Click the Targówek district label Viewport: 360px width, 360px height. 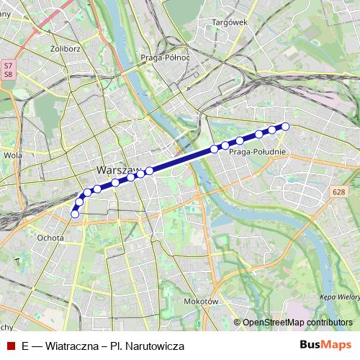pyautogui.click(x=230, y=22)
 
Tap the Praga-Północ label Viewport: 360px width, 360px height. pyautogui.click(x=165, y=57)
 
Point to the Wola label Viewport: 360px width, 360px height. pyautogui.click(x=12, y=154)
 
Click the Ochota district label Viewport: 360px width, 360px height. pyautogui.click(x=50, y=237)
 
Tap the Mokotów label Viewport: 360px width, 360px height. pyautogui.click(x=200, y=302)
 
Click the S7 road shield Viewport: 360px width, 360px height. pyautogui.click(x=8, y=65)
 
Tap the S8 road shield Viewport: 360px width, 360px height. pyautogui.click(x=8, y=73)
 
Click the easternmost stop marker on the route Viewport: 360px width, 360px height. pyautogui.click(x=285, y=127)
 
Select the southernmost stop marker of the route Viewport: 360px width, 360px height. pyautogui.click(x=75, y=213)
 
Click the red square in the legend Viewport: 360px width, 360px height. pyautogui.click(x=10, y=346)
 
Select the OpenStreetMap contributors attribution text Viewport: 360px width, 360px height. pyautogui.click(x=297, y=323)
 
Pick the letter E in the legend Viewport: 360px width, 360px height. pyautogui.click(x=24, y=346)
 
